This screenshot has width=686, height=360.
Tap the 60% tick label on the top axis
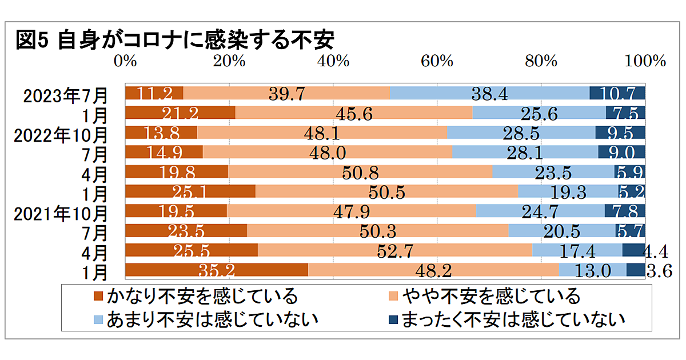pos(437,61)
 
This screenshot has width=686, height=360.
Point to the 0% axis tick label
pos(126,61)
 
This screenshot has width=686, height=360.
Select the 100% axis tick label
pos(645,61)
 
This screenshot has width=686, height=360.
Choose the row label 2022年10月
pos(61,135)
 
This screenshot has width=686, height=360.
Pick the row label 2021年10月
pos(61,214)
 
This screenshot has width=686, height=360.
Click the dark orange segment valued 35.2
pos(217,270)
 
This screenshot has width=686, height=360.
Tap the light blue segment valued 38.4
pos(489,93)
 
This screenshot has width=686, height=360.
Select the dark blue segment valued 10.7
pos(617,93)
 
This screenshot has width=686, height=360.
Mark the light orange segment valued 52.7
pos(395,250)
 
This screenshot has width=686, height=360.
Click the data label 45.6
pos(354,114)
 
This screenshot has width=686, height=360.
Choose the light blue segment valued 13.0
pos(593,270)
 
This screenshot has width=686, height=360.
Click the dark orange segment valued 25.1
pos(190,191)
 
